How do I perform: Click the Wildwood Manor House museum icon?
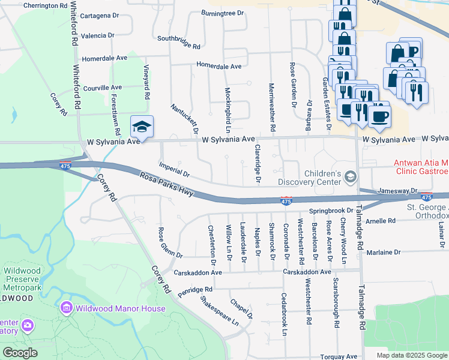(67, 308)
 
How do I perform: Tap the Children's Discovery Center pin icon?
(351, 176)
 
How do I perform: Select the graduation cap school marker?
(142, 127)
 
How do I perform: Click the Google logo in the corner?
(20, 353)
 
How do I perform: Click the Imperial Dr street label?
(174, 169)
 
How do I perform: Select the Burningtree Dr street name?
(223, 13)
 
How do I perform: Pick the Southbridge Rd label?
(178, 41)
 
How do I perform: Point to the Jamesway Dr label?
(397, 191)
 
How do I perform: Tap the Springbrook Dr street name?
(331, 211)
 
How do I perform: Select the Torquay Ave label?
(339, 356)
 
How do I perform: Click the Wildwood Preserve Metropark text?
(22, 279)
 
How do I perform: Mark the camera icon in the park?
(27, 325)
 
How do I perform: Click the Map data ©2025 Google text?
(411, 355)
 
